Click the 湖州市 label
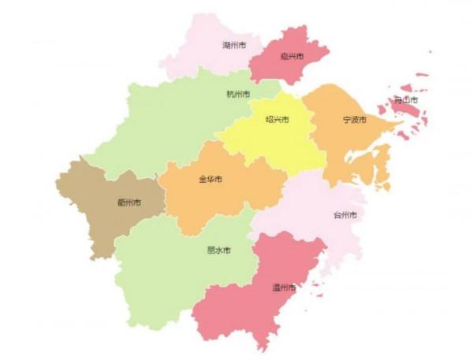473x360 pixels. tap(234, 46)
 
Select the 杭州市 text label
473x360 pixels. tap(238, 95)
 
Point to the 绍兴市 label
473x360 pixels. tap(277, 120)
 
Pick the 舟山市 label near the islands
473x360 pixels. tap(406, 102)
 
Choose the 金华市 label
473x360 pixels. tap(210, 180)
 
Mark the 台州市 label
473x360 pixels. tap(345, 215)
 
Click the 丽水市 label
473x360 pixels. tap(218, 251)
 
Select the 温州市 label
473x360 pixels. tap(283, 288)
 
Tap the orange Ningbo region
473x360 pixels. tap(347, 150)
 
